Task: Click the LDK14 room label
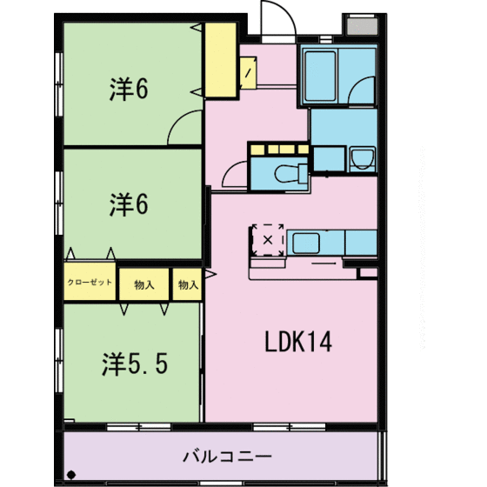point(297,344)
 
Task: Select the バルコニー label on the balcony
point(228,456)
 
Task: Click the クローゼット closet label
point(90,283)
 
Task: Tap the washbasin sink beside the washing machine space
point(361,160)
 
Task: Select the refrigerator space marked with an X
point(268,238)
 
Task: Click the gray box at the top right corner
point(358,25)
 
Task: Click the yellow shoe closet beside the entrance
point(221,61)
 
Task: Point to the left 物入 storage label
point(143,284)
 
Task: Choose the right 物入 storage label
point(187,284)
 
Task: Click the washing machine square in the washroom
point(328,158)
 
